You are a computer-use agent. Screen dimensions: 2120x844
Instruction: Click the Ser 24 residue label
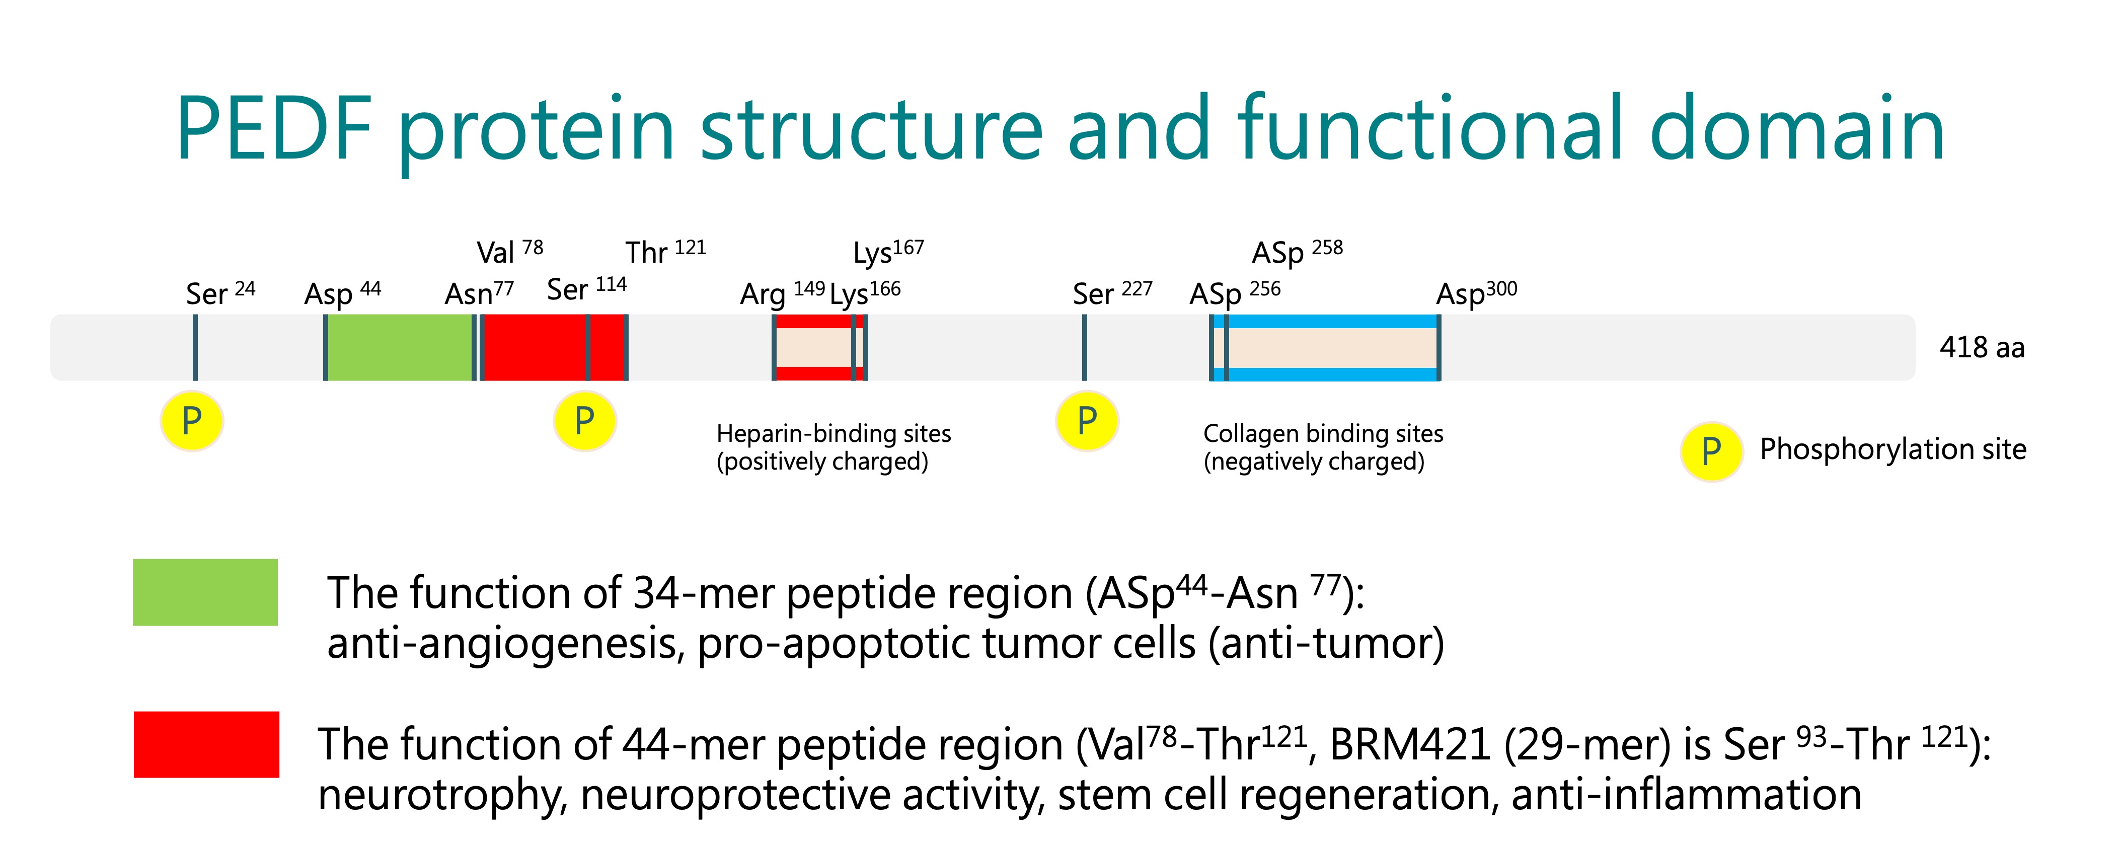pyautogui.click(x=220, y=293)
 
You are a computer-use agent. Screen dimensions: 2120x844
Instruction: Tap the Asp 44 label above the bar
pyautogui.click(x=342, y=293)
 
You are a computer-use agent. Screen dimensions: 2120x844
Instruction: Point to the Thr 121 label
pyautogui.click(x=666, y=252)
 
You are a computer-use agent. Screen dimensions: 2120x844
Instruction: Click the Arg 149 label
pyautogui.click(x=783, y=293)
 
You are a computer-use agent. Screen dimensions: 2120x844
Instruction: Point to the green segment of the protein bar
pyautogui.click(x=400, y=347)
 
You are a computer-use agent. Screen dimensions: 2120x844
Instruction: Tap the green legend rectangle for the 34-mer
pyautogui.click(x=205, y=592)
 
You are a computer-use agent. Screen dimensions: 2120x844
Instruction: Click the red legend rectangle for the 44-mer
pyautogui.click(x=206, y=744)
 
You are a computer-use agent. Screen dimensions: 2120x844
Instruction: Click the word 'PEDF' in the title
pyautogui.click(x=274, y=129)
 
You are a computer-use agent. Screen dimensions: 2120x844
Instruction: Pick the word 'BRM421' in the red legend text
pyautogui.click(x=1410, y=744)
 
